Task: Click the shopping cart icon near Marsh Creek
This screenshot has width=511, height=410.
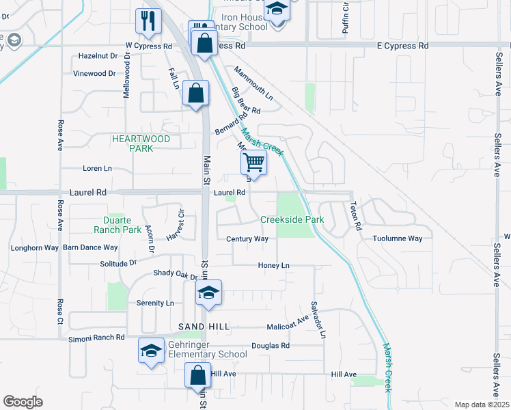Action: click(253, 163)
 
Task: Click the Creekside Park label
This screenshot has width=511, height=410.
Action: click(292, 220)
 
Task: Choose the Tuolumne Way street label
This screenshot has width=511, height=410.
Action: click(398, 238)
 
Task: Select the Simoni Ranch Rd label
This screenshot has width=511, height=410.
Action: click(96, 338)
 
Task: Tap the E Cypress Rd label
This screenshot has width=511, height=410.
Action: click(402, 46)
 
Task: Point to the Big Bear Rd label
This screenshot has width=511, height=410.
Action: click(246, 100)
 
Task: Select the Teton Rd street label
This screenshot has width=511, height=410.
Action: click(354, 215)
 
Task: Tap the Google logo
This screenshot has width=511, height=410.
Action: click(23, 402)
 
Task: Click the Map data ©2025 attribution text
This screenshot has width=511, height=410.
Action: click(482, 405)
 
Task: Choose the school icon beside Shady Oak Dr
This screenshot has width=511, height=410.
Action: click(209, 294)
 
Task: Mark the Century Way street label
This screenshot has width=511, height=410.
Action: click(247, 239)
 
